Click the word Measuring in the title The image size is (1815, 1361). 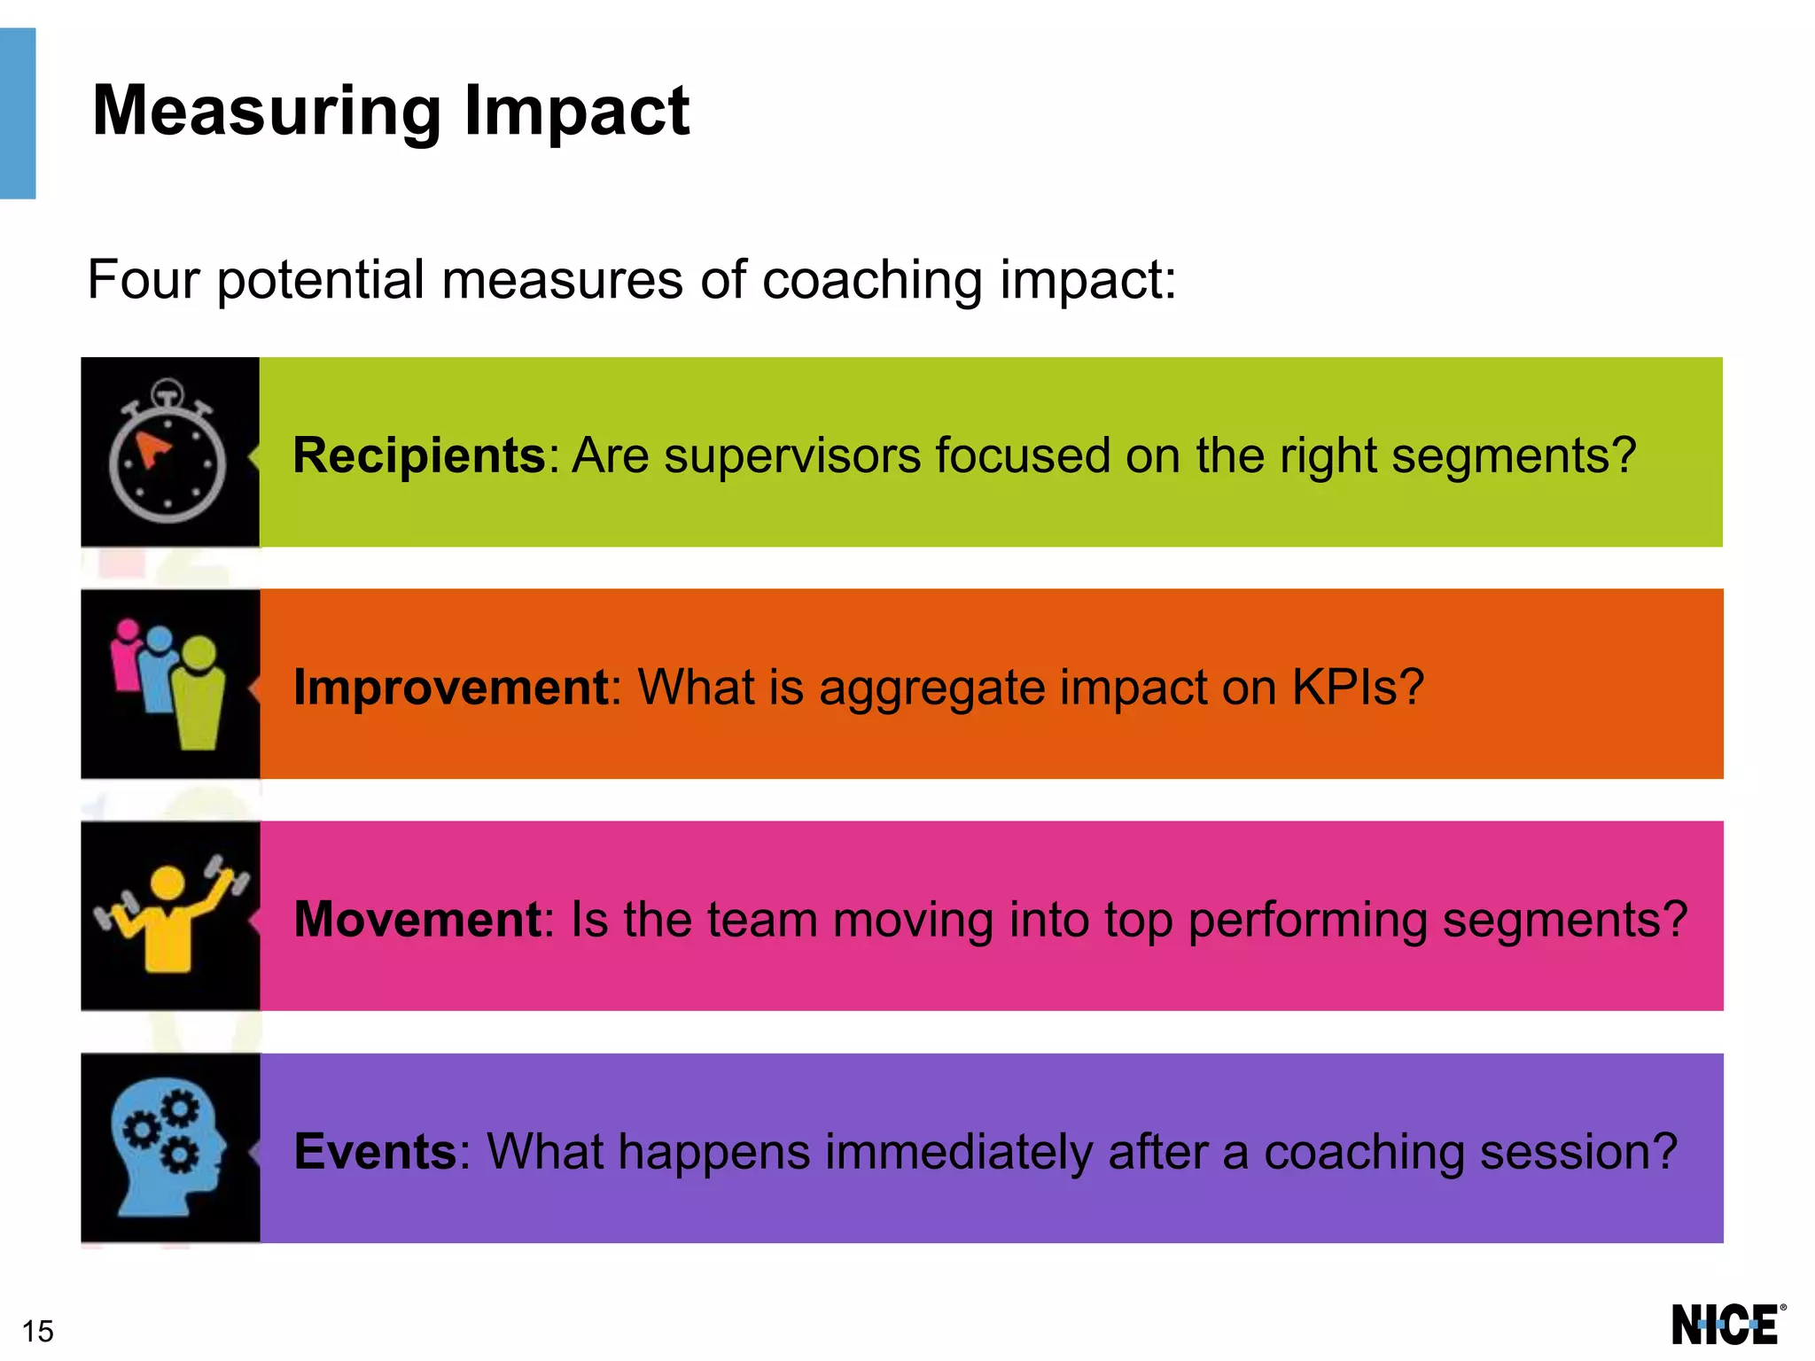point(266,112)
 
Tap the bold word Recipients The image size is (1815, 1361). point(419,455)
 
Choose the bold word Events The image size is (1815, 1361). point(375,1151)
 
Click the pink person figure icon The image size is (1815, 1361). point(127,656)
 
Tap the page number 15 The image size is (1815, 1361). point(38,1331)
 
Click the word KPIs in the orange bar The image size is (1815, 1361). point(1357,687)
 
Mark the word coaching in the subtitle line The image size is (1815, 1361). point(872,280)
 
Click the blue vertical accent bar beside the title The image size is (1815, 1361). point(18,113)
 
